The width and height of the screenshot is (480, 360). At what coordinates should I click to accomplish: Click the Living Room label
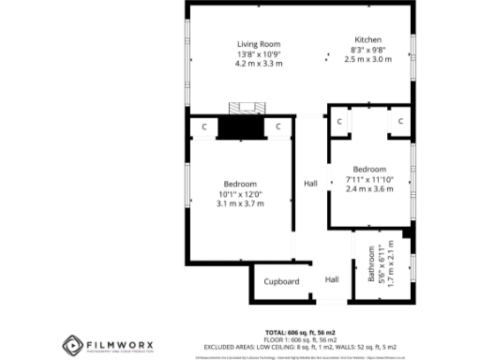click(259, 44)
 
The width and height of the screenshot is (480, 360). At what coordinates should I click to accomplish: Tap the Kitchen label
click(367, 39)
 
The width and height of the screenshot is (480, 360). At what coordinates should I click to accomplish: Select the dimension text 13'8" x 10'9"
click(259, 54)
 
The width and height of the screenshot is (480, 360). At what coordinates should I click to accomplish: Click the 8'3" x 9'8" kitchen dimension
click(367, 50)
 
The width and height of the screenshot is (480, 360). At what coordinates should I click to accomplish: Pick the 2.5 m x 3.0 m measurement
click(367, 59)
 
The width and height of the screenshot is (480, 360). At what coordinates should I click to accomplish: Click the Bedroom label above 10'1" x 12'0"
click(240, 184)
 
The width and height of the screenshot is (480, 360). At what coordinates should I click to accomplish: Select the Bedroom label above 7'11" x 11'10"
click(369, 169)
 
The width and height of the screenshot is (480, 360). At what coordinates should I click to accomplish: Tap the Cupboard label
click(280, 281)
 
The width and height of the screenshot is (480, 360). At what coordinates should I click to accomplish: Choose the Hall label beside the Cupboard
click(332, 279)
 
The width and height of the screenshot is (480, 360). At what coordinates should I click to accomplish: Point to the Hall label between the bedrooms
click(310, 183)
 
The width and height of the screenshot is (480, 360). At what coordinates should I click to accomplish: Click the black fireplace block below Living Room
click(241, 127)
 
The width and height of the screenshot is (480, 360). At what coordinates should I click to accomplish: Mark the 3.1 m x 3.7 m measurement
click(240, 203)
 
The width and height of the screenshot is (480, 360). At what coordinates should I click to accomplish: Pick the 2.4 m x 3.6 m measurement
click(369, 188)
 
